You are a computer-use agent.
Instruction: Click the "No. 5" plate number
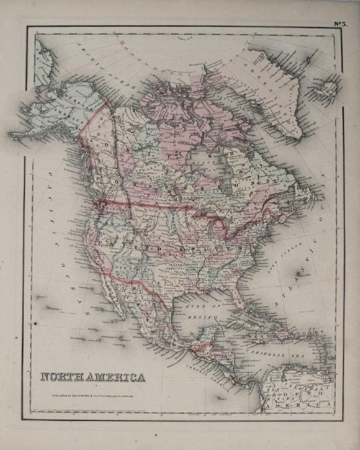pyautogui.click(x=340, y=24)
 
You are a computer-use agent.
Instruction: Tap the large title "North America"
pyautogui.click(x=92, y=376)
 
